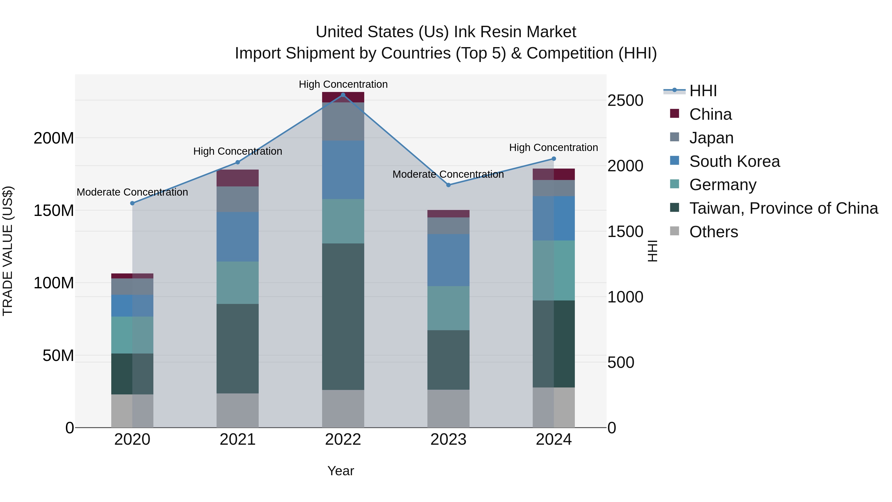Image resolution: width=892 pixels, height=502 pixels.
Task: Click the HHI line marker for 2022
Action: click(343, 95)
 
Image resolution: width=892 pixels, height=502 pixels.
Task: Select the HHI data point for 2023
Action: click(448, 185)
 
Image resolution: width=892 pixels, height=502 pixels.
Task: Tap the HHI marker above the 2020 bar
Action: click(132, 203)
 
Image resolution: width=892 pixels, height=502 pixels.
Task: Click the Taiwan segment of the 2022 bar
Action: click(343, 316)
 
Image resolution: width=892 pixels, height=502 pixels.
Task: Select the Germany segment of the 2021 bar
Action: click(238, 282)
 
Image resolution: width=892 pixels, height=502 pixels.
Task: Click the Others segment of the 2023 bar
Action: click(448, 409)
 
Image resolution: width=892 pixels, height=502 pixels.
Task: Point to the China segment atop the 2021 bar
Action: click(238, 178)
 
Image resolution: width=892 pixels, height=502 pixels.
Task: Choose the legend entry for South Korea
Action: click(734, 161)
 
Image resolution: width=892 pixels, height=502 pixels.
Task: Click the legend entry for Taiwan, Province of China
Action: click(783, 208)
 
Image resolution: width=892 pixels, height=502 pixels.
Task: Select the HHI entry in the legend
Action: click(703, 91)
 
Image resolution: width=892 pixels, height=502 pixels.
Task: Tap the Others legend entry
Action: click(713, 232)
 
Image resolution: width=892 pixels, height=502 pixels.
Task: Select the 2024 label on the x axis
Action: click(553, 440)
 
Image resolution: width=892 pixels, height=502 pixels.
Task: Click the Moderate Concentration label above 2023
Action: click(448, 174)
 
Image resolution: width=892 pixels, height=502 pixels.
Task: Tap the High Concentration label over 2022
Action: click(343, 84)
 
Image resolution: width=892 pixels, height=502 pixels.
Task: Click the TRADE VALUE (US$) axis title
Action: click(8, 251)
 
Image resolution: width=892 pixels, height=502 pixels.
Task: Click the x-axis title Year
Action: click(341, 471)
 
